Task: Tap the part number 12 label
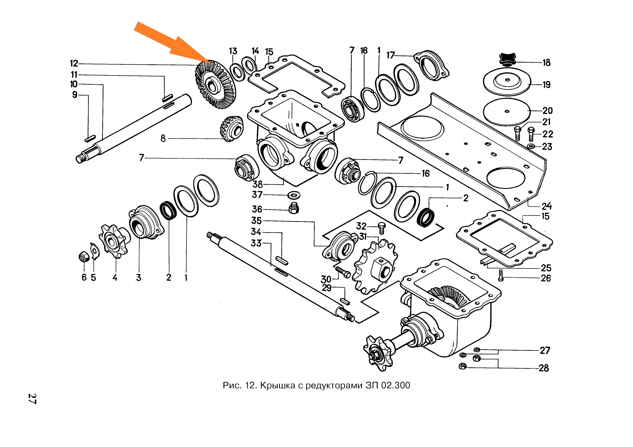(x=74, y=64)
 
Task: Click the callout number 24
(x=546, y=206)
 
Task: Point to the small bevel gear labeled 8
(x=232, y=129)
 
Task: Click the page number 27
(x=32, y=399)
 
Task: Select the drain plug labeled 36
(x=294, y=209)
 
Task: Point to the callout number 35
(x=256, y=221)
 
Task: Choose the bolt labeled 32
(x=382, y=228)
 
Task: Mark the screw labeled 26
(x=501, y=275)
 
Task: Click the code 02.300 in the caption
(x=396, y=385)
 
